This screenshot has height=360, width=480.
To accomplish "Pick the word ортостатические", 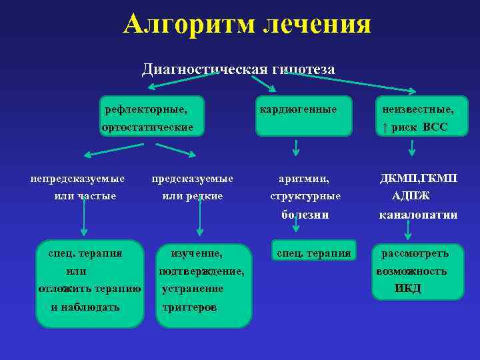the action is click(147, 127).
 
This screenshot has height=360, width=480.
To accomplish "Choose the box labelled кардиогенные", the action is click(304, 115).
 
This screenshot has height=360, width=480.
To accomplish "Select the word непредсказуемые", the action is click(78, 179).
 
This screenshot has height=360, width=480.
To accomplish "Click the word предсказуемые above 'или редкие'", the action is click(193, 179).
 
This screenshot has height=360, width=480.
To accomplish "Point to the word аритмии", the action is click(304, 179).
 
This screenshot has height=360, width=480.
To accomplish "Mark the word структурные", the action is click(305, 196).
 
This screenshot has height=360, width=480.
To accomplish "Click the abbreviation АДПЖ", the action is click(411, 196).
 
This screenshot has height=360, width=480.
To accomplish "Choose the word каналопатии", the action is click(418, 215).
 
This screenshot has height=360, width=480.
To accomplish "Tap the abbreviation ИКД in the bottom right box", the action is click(408, 289).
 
